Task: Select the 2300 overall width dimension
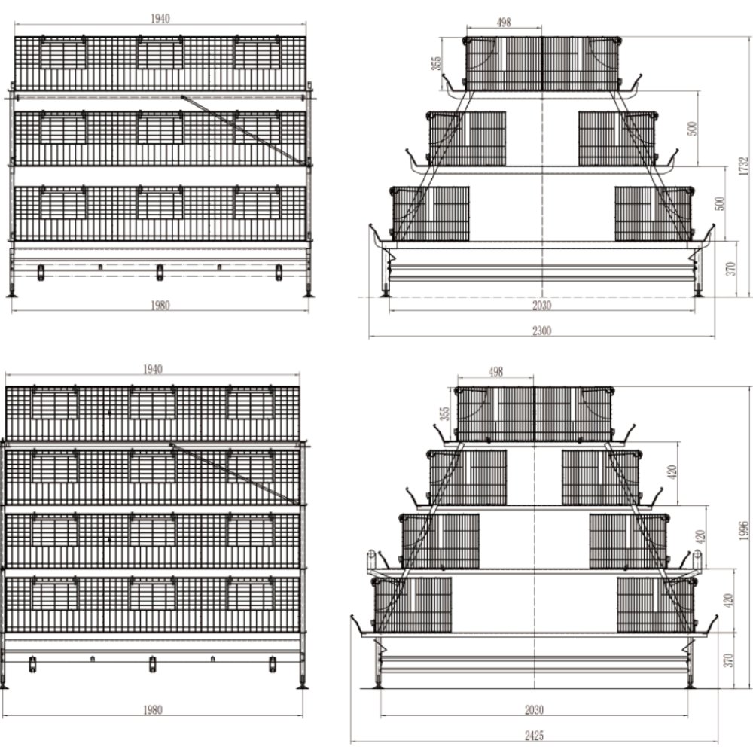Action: [541, 330]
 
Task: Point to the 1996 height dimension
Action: [744, 530]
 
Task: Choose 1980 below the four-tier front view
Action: [153, 709]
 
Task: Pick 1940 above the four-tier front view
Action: [153, 370]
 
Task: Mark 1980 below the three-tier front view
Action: [160, 305]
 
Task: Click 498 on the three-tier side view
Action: [504, 23]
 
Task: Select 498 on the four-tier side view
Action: [495, 372]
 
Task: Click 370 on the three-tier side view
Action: [730, 268]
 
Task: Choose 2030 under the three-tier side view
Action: [541, 305]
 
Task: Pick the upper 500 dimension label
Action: [693, 128]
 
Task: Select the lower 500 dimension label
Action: [720, 203]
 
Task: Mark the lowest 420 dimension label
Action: [727, 600]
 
